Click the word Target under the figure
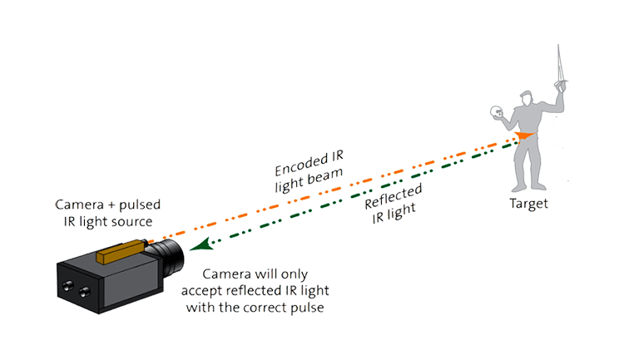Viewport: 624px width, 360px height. click(x=528, y=204)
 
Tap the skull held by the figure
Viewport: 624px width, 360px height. click(x=496, y=111)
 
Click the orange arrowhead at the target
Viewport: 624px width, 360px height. click(x=523, y=136)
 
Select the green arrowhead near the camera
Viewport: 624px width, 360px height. click(x=201, y=244)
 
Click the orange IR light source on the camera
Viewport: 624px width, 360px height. click(x=121, y=251)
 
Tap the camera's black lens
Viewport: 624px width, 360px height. click(x=167, y=257)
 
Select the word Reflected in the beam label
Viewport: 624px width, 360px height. click(x=394, y=196)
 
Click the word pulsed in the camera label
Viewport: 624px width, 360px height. click(x=140, y=205)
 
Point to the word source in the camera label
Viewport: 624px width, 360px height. click(x=132, y=221)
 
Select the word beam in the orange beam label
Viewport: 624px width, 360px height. click(x=325, y=175)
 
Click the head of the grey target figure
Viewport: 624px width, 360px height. click(x=526, y=98)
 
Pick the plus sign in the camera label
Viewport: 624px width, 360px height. click(x=111, y=205)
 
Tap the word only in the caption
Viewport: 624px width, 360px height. click(x=294, y=274)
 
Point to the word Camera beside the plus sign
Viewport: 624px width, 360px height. click(x=79, y=205)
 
